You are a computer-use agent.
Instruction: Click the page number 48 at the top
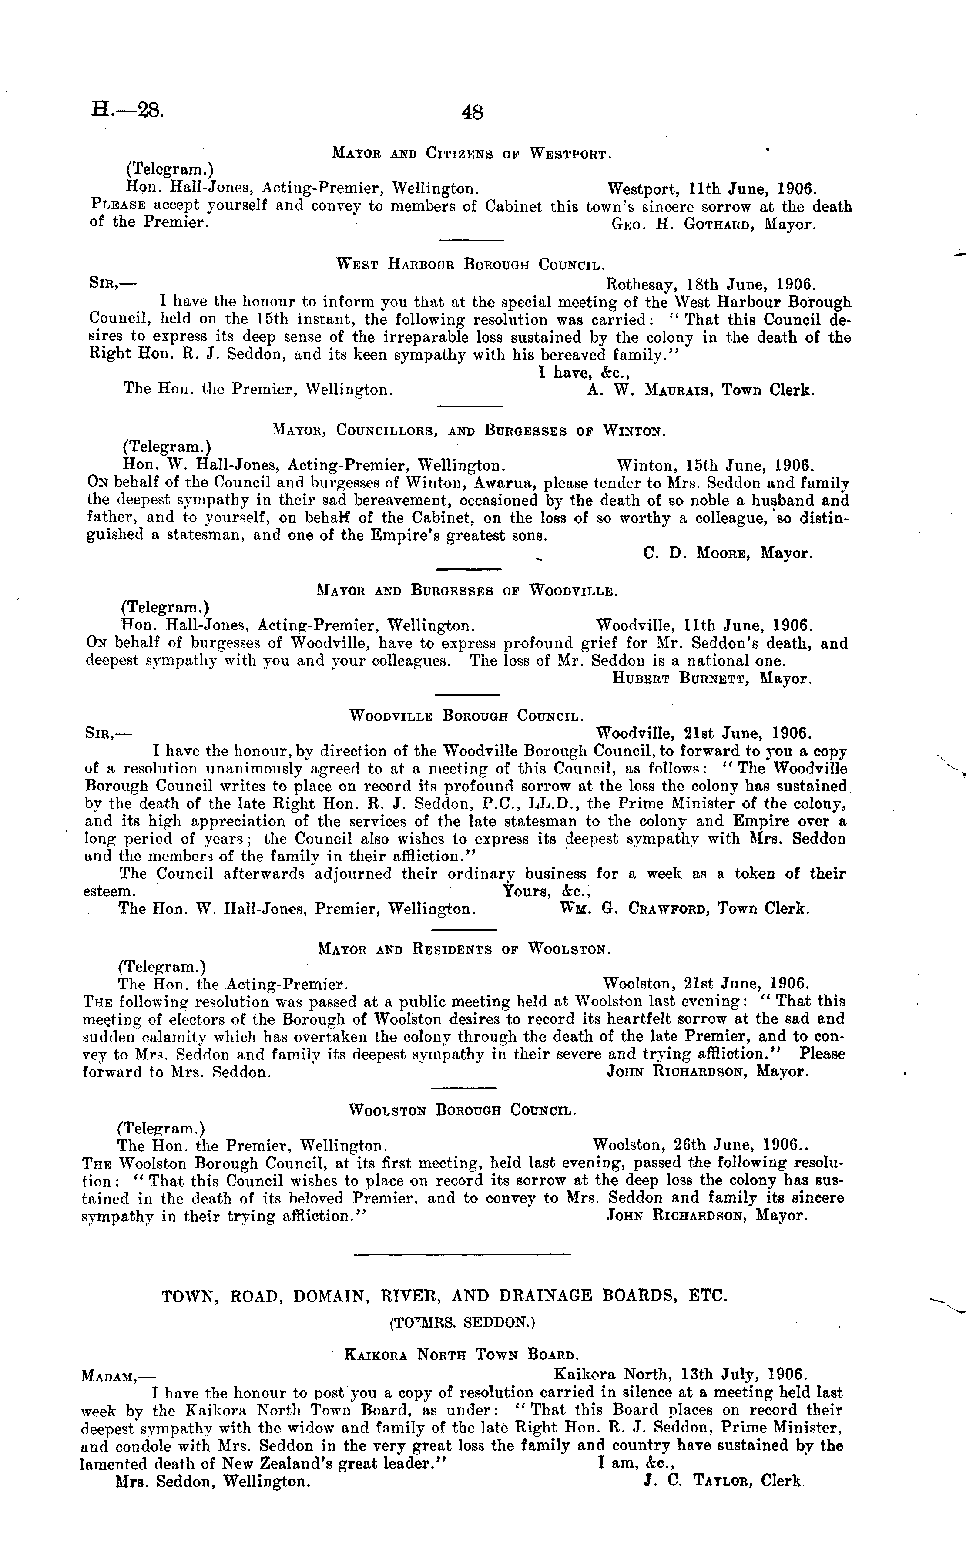(472, 113)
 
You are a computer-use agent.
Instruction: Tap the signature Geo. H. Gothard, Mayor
(714, 224)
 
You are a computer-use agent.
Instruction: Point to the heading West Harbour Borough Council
(471, 265)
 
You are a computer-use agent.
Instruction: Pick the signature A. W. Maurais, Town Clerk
(700, 390)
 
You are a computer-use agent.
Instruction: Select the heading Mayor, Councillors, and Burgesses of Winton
(469, 431)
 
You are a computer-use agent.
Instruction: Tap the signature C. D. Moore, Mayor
(728, 553)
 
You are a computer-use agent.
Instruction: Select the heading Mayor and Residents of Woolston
(464, 950)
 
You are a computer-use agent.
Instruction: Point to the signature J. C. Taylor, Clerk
(723, 1481)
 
